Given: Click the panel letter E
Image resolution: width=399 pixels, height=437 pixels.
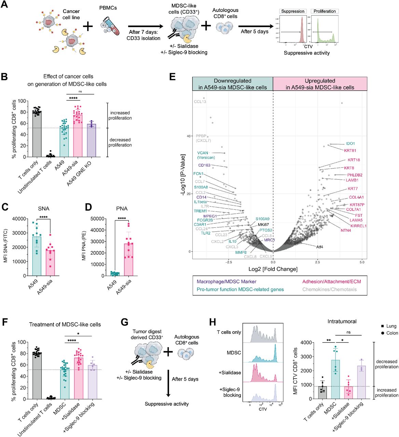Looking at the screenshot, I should coord(173,77).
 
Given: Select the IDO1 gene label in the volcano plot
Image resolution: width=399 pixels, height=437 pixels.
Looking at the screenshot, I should coord(350,144).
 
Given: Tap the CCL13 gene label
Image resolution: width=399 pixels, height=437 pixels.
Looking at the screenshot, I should coord(200,102).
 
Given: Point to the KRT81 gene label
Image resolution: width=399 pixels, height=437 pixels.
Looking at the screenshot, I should coord(350,151).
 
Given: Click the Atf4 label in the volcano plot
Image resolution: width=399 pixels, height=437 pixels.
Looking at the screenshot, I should coord(319,247).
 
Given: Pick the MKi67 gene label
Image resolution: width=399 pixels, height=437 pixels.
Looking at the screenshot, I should coord(263,225).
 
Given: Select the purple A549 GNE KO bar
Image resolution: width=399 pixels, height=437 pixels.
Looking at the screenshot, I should coord(92,140).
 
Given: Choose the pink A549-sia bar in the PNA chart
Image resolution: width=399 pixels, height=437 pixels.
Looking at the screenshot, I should coord(129,259).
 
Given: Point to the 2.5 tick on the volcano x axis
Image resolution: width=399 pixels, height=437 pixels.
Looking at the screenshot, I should coord(318,262).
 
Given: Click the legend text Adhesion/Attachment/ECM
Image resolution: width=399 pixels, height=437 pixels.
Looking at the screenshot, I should coord(331,282).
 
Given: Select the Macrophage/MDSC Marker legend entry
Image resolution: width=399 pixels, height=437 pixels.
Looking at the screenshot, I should coord(226,282).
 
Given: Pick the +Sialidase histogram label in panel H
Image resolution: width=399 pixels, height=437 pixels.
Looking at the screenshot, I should coord(230,372).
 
